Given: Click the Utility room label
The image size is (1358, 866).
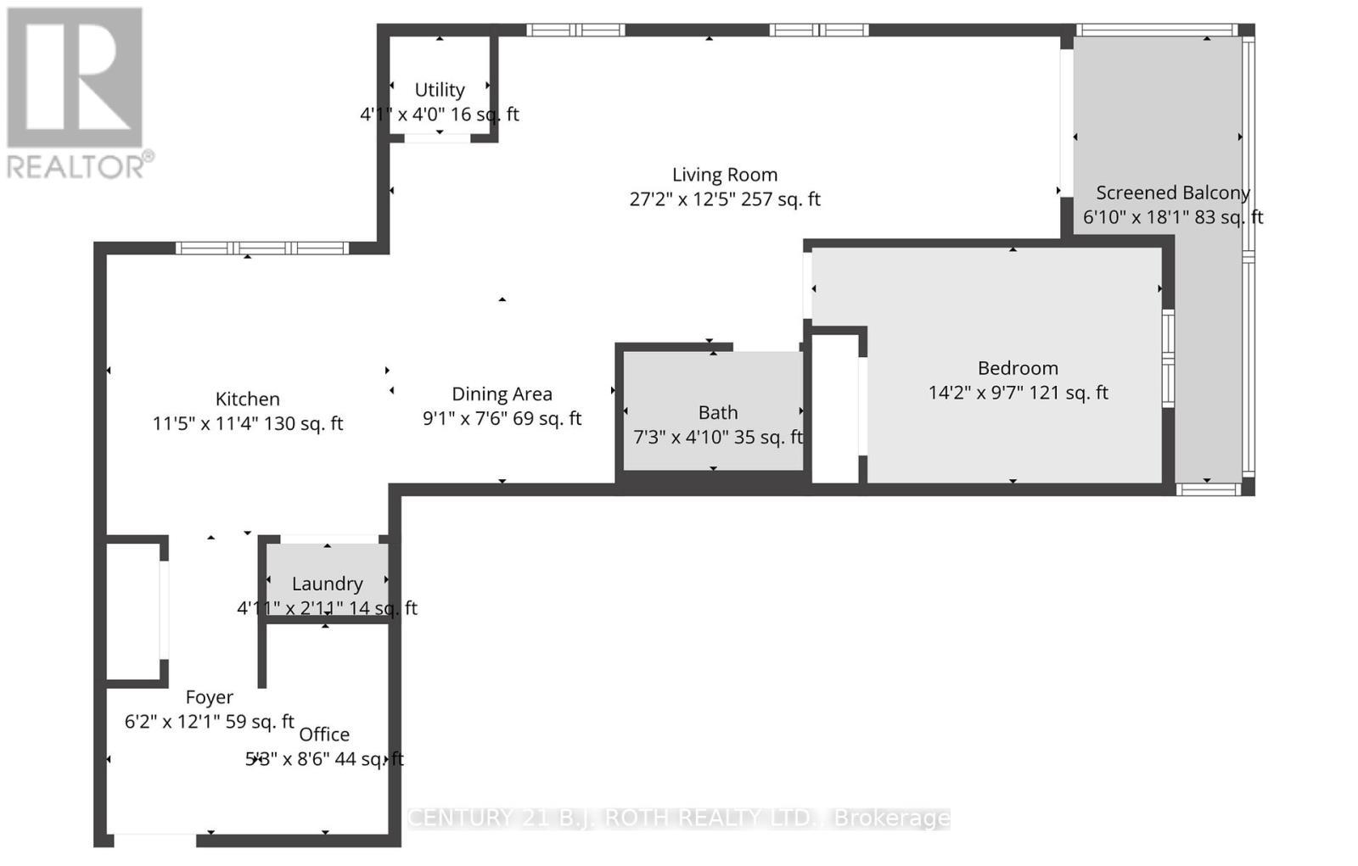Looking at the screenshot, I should point(439,90).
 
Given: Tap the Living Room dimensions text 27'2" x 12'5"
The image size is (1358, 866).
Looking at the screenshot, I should point(689,199).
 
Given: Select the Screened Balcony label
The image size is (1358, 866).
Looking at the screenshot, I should point(1172,193).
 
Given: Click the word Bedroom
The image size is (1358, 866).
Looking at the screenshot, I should point(1018,368).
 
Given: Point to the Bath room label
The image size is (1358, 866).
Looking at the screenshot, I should point(717,413).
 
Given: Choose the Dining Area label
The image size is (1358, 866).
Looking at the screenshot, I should point(502,394).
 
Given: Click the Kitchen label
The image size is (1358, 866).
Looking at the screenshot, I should point(247,399).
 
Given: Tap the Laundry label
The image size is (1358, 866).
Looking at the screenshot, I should point(327,584).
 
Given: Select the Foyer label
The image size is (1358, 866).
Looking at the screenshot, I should point(209,697).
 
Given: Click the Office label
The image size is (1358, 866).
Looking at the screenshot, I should point(324,735).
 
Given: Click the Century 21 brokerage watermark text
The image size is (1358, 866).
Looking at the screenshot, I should point(679,818).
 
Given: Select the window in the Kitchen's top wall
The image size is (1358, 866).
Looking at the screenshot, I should point(262,249).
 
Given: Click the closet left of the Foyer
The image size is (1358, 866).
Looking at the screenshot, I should point(132,609).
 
